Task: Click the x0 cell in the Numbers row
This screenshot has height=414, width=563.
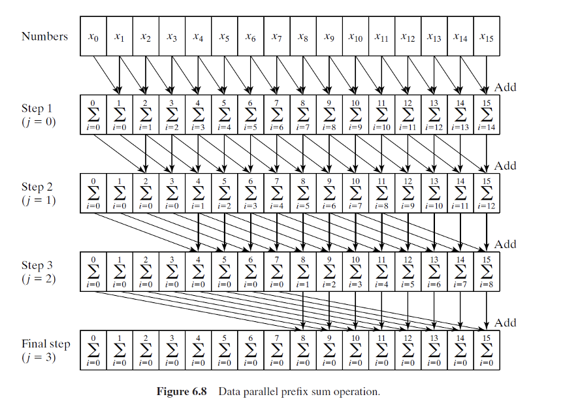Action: (x=93, y=37)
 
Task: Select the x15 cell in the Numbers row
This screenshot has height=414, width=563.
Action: (x=487, y=37)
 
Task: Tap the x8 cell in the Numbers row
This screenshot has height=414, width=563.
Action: (x=303, y=37)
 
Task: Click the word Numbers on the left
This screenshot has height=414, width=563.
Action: (x=44, y=37)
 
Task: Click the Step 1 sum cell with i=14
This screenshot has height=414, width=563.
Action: (x=487, y=115)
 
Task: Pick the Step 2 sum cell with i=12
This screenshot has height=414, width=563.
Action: (x=487, y=193)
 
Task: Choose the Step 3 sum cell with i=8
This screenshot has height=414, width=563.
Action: (x=487, y=272)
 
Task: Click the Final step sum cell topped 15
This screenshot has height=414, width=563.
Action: (x=487, y=350)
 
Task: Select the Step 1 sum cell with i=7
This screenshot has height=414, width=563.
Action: (x=303, y=115)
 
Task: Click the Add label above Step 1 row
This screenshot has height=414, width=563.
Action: (x=506, y=87)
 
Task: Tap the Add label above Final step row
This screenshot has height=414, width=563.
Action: (x=506, y=323)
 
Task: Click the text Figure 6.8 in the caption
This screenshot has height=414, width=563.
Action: (x=182, y=392)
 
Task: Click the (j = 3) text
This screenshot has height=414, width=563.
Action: (x=39, y=357)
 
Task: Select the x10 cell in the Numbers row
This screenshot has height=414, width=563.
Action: (x=355, y=37)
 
